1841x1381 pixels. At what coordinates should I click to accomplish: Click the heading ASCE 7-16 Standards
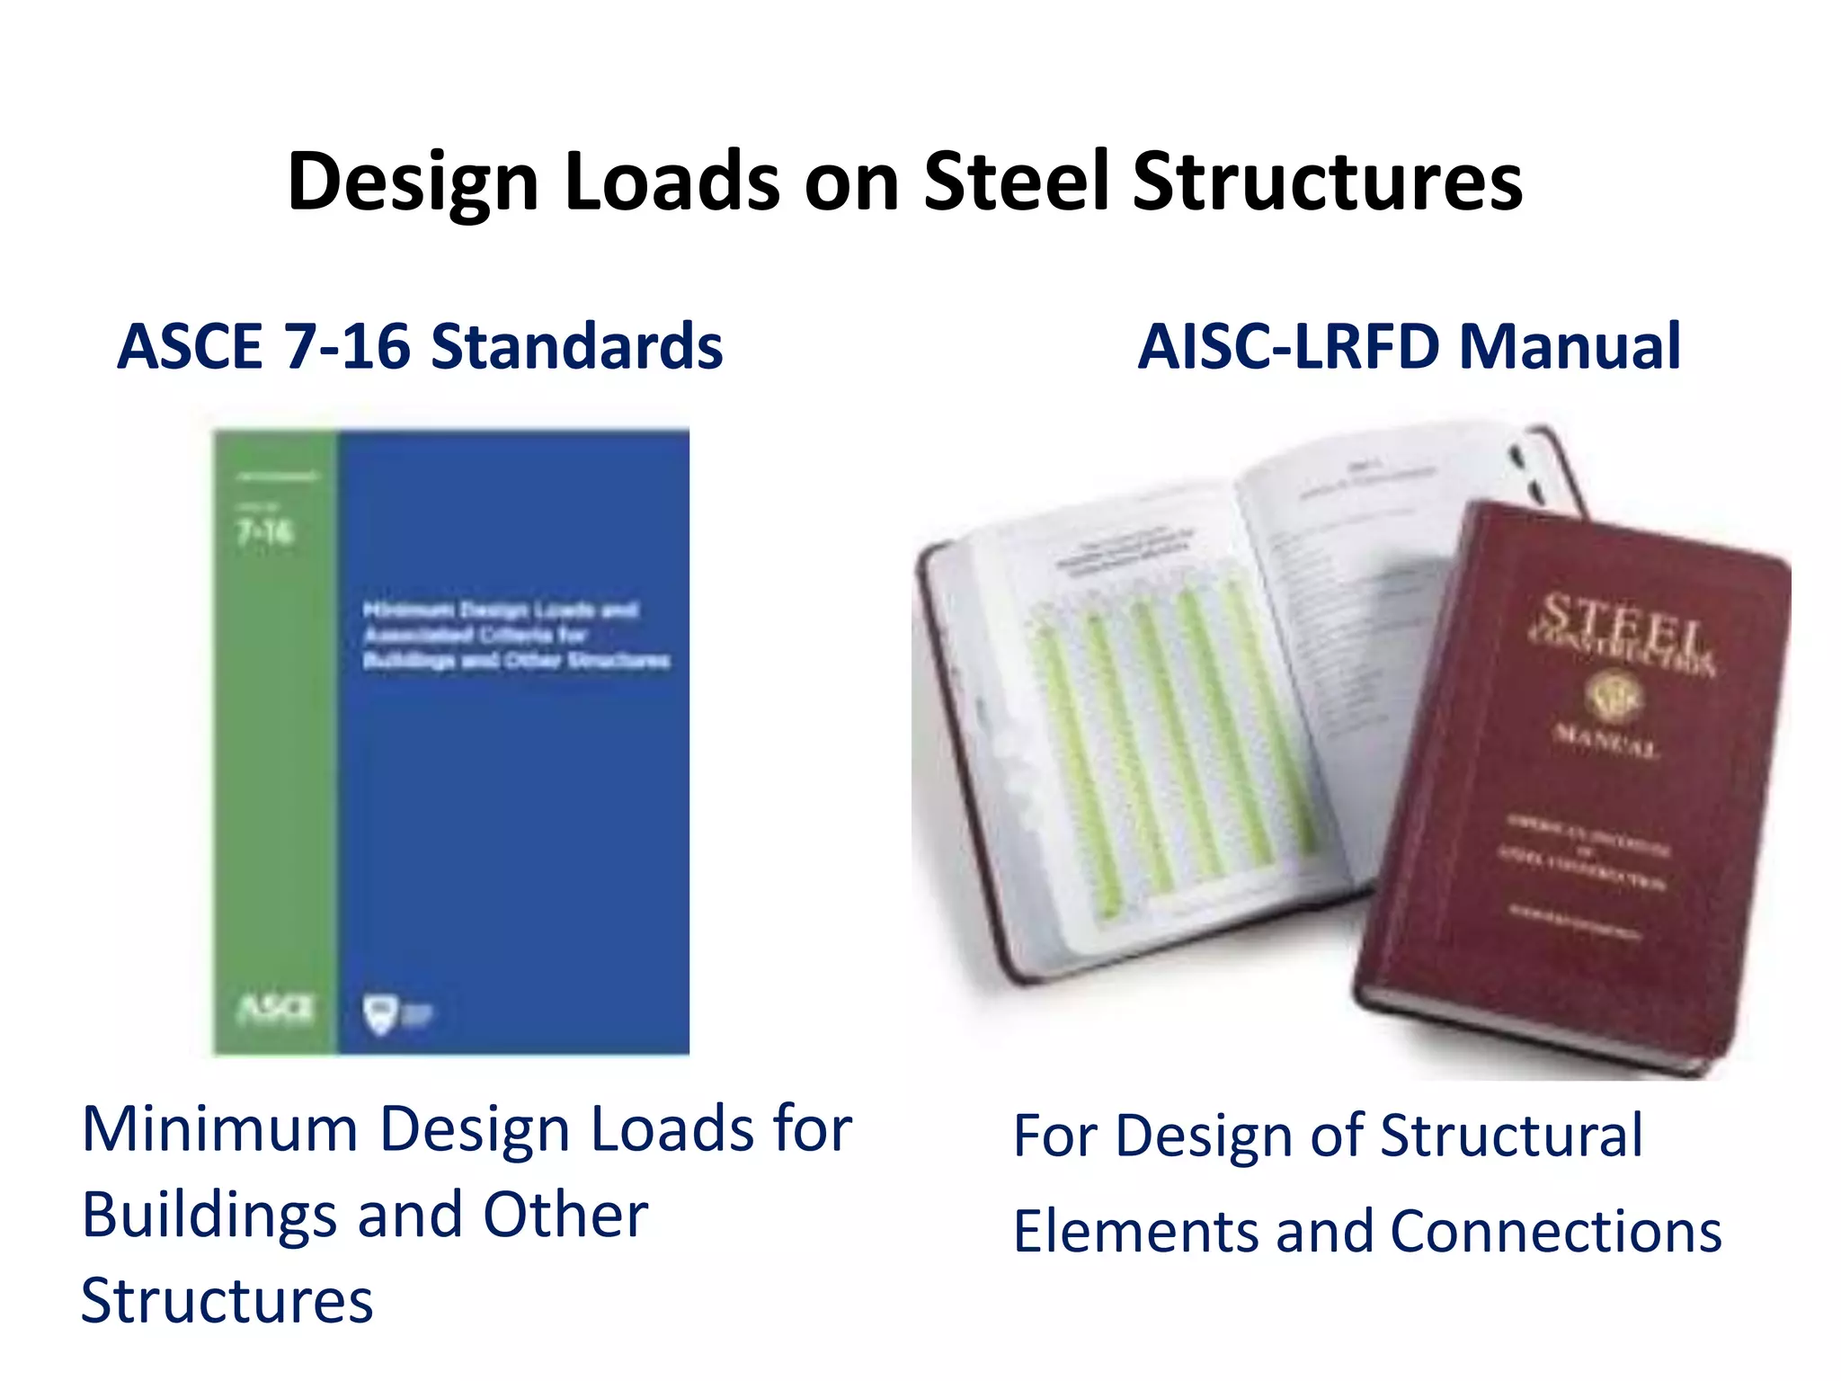pos(420,347)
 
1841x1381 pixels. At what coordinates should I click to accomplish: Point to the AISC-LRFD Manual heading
pos(1409,347)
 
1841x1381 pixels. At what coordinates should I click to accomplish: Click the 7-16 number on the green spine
pos(265,532)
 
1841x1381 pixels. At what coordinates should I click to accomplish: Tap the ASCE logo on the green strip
pos(275,1009)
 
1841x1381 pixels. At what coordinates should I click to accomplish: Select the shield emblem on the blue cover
pos(381,1013)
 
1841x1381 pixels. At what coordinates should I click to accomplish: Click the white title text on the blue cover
pos(515,635)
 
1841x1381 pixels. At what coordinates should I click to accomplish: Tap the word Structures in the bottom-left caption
pos(227,1301)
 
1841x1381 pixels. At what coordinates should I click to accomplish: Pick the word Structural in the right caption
pos(1511,1136)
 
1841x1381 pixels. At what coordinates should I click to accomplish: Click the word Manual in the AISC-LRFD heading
pos(1570,347)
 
